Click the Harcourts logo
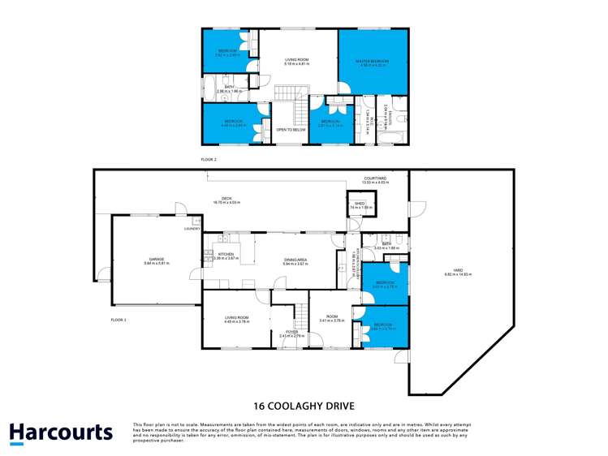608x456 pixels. click(x=61, y=432)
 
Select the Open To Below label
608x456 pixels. click(x=290, y=129)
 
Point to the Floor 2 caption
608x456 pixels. click(x=209, y=160)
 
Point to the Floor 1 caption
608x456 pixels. click(x=119, y=320)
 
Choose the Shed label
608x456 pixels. click(x=356, y=204)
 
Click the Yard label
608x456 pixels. click(x=458, y=273)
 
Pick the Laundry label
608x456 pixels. click(x=192, y=229)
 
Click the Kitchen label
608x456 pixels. click(x=226, y=254)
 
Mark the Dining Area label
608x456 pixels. click(x=295, y=260)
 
